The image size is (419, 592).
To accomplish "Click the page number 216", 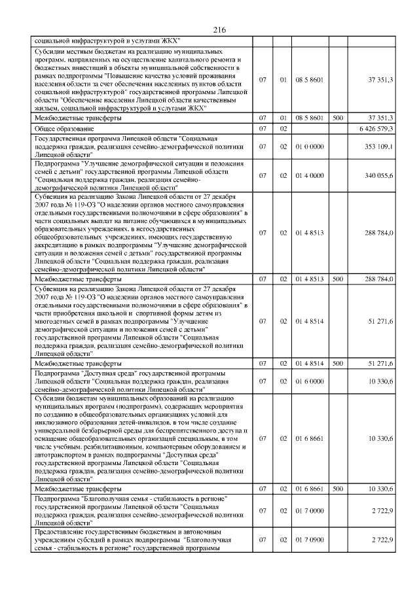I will tap(219, 30).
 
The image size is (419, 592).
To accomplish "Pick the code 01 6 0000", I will tap(310, 380).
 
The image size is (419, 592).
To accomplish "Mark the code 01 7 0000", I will tap(310, 509).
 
